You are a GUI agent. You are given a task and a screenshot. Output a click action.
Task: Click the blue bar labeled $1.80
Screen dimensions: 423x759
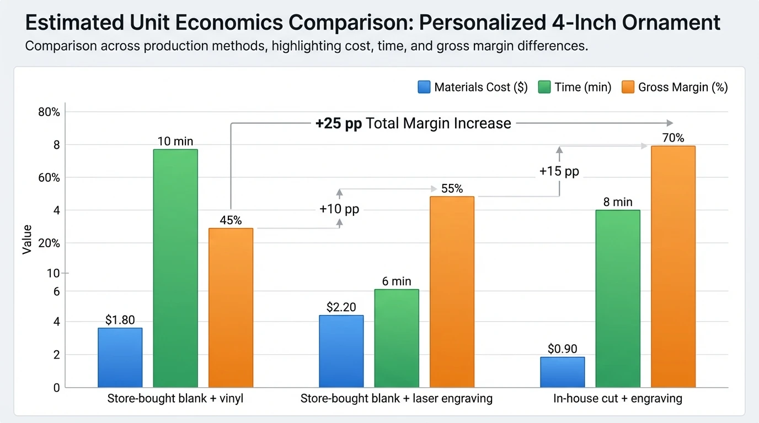coord(120,357)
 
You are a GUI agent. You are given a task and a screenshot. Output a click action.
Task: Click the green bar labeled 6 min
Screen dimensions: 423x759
coord(397,338)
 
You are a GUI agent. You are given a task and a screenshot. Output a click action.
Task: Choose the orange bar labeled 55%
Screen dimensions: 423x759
coord(452,292)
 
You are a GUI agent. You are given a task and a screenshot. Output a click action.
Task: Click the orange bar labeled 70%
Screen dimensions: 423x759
coord(673,267)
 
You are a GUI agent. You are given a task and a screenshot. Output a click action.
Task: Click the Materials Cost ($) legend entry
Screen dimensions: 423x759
coord(473,87)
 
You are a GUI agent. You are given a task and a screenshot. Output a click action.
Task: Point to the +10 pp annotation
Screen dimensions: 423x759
coord(339,209)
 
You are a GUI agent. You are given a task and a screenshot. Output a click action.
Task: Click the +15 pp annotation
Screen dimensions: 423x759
coord(559,171)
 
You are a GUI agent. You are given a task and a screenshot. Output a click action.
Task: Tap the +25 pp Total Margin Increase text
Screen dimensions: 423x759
coord(413,123)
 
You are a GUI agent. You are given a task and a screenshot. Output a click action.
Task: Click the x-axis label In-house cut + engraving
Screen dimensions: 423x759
coord(618,398)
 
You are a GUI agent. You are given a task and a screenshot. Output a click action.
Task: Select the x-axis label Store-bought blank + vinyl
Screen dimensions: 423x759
coord(175,398)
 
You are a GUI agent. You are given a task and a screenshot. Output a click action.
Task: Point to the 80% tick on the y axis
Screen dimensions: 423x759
coord(49,112)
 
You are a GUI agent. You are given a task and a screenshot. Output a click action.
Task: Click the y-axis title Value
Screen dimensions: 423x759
coord(26,239)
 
